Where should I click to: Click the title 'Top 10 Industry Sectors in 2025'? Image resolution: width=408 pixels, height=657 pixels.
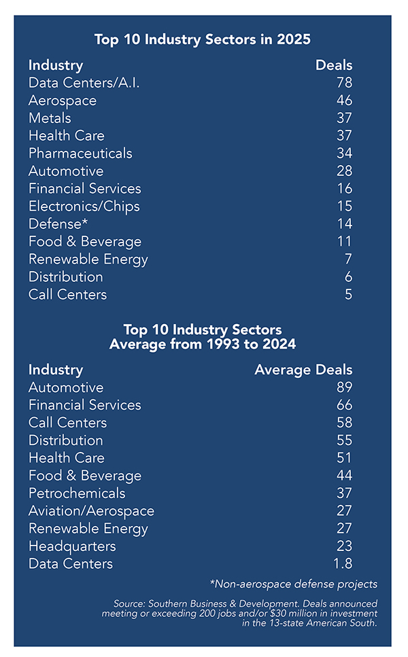[x=203, y=39]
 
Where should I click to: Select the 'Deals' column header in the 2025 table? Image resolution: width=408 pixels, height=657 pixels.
[x=334, y=66]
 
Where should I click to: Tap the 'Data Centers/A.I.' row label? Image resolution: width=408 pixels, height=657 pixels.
[x=84, y=83]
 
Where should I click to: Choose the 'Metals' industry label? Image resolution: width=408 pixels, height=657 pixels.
[x=50, y=118]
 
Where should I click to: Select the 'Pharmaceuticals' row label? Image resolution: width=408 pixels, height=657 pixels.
[x=80, y=154]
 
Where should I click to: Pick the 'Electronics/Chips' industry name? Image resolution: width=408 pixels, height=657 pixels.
[x=84, y=206]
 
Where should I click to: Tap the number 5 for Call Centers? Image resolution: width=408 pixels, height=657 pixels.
[x=347, y=294]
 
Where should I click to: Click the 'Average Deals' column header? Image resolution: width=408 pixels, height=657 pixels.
[x=303, y=370]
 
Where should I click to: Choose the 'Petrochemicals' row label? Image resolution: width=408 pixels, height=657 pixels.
[x=77, y=493]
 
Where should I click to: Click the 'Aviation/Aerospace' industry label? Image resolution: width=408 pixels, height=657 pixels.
[x=91, y=511]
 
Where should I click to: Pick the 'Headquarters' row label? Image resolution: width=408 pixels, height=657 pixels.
[x=72, y=546]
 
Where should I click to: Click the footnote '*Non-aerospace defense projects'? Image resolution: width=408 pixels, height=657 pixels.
[x=294, y=584]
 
